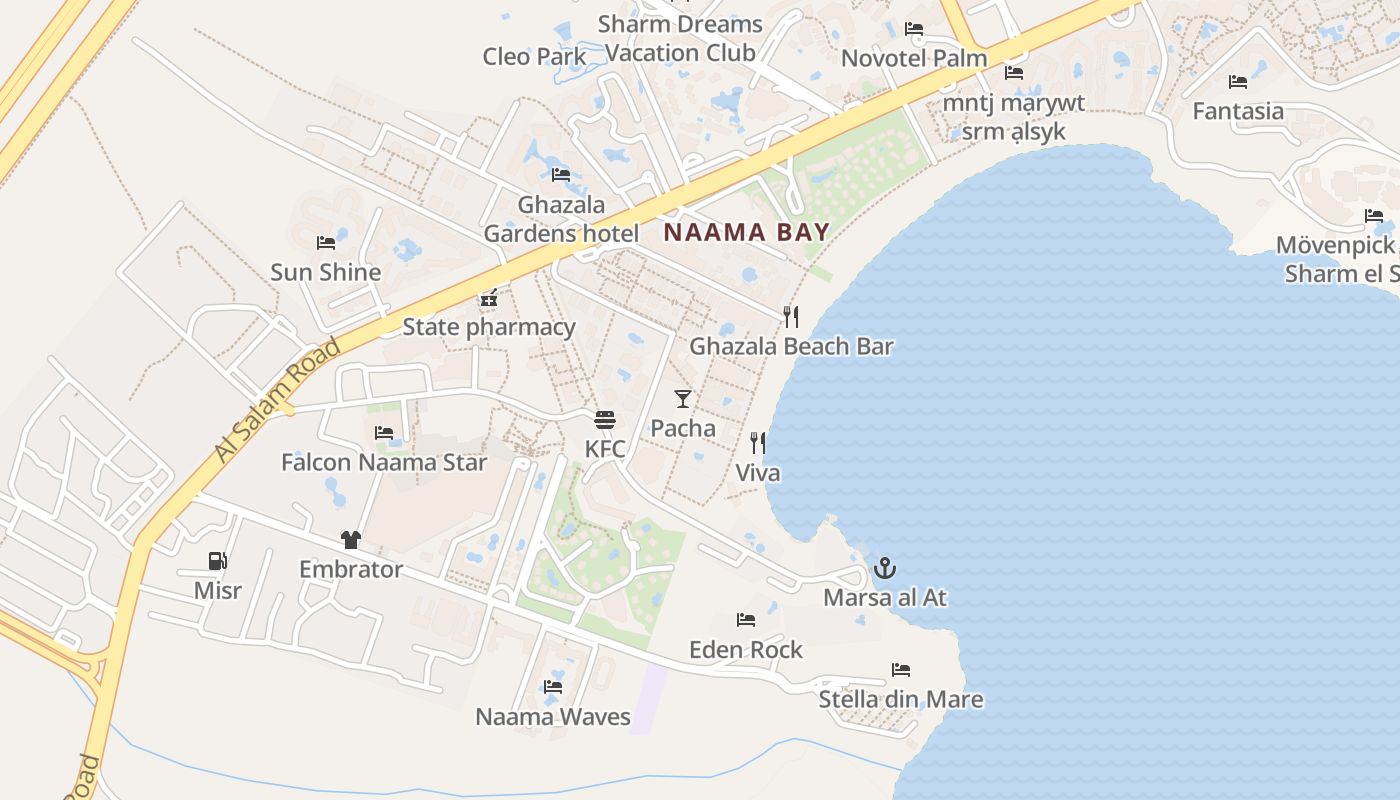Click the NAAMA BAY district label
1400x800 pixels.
(x=747, y=233)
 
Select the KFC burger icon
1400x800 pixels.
(x=604, y=419)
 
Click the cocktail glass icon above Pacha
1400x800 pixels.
(x=683, y=399)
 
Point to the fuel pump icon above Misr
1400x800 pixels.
(x=217, y=561)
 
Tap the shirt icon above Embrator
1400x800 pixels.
(x=350, y=540)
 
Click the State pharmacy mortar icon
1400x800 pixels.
(x=489, y=297)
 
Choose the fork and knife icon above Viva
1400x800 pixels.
(x=758, y=442)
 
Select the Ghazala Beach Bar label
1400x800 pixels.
(x=791, y=347)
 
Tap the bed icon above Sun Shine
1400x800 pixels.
(x=325, y=243)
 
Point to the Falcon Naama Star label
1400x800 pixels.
(x=384, y=462)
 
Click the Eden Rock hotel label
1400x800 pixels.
(x=746, y=650)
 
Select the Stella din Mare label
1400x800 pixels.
(x=901, y=699)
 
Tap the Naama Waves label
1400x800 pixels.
(x=553, y=717)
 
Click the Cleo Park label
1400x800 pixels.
(x=534, y=57)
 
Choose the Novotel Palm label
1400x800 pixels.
(x=914, y=58)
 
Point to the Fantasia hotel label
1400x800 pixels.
(x=1238, y=111)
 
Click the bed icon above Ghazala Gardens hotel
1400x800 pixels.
(x=561, y=175)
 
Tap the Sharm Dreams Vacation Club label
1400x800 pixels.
(x=680, y=38)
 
